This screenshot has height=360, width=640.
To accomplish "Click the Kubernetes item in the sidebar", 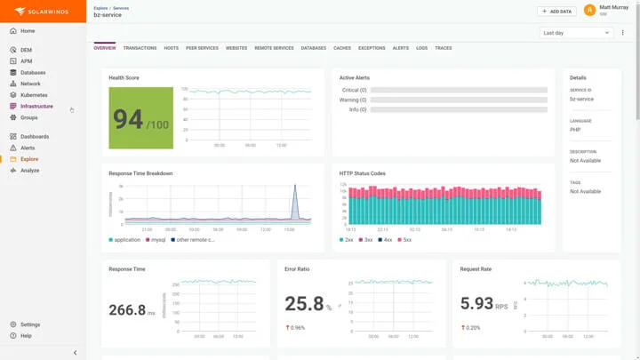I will point(34,95).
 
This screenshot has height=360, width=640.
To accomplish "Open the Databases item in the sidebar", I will point(33,72).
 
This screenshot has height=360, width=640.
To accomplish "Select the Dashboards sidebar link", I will point(35,137).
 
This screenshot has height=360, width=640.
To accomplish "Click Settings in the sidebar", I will point(30,324).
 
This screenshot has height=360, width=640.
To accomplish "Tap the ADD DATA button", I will point(556,12).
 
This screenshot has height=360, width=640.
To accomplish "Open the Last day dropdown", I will point(576,33).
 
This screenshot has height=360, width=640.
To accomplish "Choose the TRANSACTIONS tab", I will point(140,48).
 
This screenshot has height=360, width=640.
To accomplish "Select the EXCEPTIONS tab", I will point(372,48).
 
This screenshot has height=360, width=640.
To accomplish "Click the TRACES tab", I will point(443,48).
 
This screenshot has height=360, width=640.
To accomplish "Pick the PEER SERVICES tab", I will point(202,48).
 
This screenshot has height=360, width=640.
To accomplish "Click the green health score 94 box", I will point(140,118).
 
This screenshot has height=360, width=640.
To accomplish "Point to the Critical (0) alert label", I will point(354,90).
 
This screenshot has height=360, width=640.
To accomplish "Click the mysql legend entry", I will point(157,240).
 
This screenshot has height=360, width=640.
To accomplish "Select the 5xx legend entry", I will point(405,240).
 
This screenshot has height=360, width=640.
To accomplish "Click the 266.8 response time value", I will point(127,310).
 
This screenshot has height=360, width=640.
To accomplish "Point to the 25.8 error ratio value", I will point(304,304).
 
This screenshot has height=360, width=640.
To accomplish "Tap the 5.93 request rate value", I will point(476,304).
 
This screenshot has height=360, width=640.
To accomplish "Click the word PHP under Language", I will point(575,130).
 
